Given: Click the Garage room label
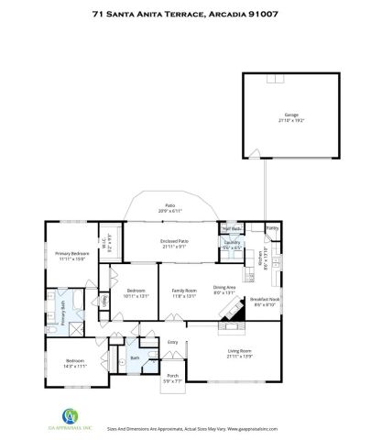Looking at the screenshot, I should [x=290, y=117].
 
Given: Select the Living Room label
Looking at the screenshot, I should [x=239, y=350].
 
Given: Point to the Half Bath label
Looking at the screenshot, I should [x=230, y=228].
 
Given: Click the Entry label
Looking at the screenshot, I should [x=173, y=342].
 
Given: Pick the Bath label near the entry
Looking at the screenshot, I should [x=134, y=357].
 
